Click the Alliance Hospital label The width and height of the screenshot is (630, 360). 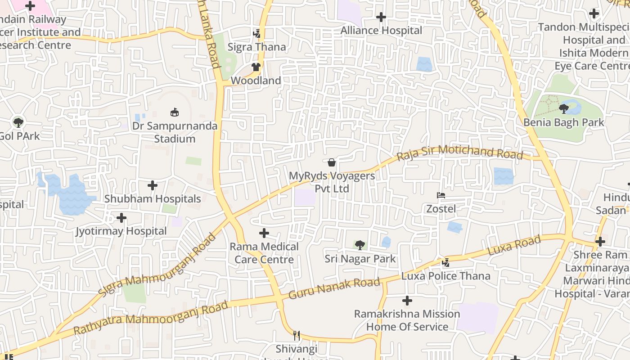381,30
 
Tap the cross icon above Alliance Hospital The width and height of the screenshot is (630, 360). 381,17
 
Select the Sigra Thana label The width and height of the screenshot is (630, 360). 256,47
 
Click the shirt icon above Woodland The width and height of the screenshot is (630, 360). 256,67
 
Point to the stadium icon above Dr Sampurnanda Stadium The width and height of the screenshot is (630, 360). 174,112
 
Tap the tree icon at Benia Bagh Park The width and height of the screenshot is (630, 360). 563,108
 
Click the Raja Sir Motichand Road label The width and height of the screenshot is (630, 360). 459,152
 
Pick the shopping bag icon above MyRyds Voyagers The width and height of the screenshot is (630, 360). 332,162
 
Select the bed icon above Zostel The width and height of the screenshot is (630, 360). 441,195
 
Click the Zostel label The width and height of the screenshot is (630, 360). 441,209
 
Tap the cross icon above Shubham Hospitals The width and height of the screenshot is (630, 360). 153,185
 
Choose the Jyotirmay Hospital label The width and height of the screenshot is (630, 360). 121,231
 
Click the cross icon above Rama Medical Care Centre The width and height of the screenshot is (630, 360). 264,233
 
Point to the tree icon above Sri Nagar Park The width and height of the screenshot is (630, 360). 360,245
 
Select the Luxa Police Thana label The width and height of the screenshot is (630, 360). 445,276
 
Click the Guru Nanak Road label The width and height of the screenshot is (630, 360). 334,288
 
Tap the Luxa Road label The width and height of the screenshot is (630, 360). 514,246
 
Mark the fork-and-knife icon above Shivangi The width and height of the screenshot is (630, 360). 297,335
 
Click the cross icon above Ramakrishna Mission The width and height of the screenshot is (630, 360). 407,300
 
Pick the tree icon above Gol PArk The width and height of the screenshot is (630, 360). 18,122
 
